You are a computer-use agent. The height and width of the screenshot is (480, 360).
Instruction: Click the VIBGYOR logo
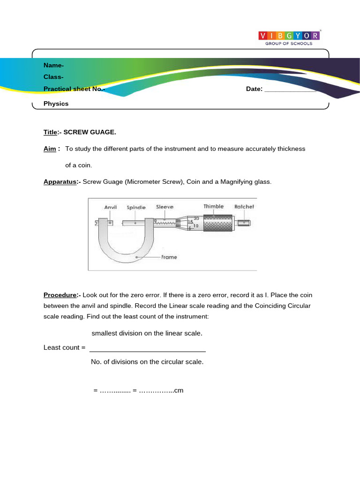click(290, 36)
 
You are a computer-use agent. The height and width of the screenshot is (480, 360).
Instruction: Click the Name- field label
click(54, 66)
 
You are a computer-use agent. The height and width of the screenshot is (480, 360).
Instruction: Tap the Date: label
click(254, 89)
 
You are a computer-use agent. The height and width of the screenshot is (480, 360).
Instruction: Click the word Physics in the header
click(56, 104)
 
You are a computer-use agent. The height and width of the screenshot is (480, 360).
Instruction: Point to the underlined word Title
click(50, 132)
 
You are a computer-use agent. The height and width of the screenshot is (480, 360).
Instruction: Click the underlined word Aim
click(51, 149)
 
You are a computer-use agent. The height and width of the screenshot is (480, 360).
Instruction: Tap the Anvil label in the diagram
click(110, 207)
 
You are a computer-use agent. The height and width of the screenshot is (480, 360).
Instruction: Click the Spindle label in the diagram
click(136, 207)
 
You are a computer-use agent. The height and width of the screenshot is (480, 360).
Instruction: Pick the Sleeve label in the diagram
click(165, 207)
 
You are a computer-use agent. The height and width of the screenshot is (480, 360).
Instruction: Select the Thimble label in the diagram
click(213, 206)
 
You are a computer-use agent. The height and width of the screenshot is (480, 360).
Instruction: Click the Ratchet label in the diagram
click(244, 206)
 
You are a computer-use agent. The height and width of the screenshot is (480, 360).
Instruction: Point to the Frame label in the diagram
click(169, 257)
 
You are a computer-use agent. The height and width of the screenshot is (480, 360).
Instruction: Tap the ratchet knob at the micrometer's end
click(243, 224)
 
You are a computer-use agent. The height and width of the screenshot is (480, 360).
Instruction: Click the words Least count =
click(64, 347)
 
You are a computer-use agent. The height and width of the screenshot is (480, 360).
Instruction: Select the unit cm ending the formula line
click(179, 390)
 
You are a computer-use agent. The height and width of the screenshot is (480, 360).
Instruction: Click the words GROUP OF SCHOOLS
click(289, 43)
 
